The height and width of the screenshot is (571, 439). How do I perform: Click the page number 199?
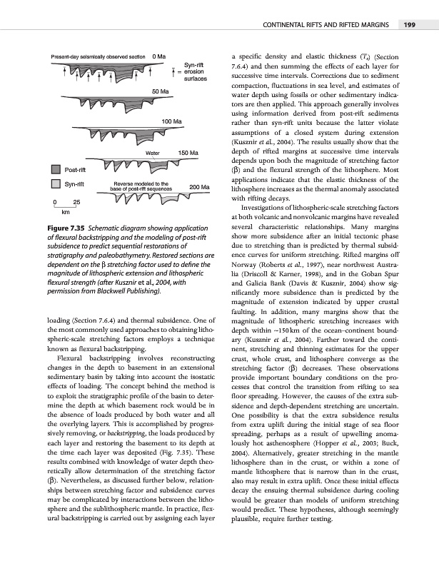(x=410, y=28)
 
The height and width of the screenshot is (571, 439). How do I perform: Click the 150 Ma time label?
(x=187, y=153)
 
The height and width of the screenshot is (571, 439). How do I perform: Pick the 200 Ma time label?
(x=199, y=187)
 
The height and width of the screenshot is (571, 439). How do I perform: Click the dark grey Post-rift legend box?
(x=55, y=170)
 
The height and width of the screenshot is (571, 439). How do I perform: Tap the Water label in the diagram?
(x=151, y=153)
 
